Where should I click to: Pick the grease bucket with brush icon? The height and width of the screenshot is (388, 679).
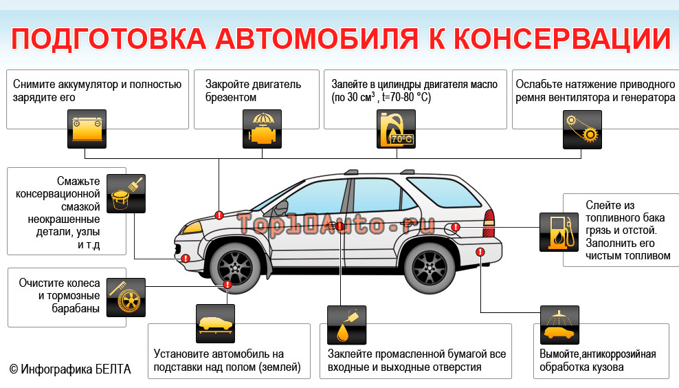point(126,192)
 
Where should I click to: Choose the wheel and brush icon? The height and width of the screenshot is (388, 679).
point(126,297)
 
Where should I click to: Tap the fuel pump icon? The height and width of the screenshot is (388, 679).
point(559,232)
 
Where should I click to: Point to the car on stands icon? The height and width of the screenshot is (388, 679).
point(215,324)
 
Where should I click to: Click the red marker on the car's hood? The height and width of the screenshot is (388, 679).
point(219,215)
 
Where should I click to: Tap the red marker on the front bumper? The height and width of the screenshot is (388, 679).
point(186,259)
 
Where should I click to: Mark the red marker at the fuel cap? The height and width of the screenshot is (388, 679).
point(456,227)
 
